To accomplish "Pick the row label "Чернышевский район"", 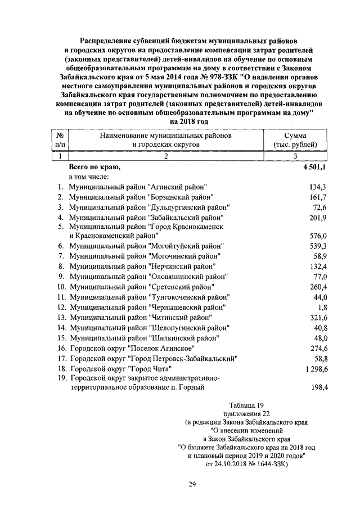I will (x=147, y=307).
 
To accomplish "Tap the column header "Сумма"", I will (x=295, y=136).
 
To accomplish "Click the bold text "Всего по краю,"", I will (x=94, y=167).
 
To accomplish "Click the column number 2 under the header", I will (x=166, y=156).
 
